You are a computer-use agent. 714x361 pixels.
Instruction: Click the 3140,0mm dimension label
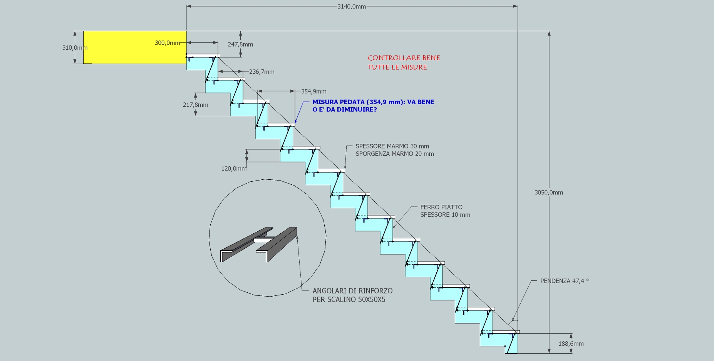click(x=352, y=7)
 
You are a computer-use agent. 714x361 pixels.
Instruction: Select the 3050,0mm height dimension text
click(x=549, y=192)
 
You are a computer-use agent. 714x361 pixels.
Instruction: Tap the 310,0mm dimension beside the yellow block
click(x=75, y=48)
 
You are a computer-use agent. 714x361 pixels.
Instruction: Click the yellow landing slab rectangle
click(x=135, y=47)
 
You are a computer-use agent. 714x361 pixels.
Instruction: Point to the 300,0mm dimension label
click(x=168, y=43)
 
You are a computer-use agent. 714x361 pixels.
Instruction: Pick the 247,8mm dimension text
click(x=240, y=44)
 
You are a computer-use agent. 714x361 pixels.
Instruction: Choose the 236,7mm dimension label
click(x=262, y=72)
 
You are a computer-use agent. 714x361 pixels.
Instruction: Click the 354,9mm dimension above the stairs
click(x=314, y=91)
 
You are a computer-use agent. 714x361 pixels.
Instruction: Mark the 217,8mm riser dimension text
click(x=196, y=105)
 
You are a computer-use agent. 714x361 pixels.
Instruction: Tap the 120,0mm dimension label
click(x=234, y=169)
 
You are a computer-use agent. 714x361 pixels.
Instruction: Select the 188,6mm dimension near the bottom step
click(x=571, y=344)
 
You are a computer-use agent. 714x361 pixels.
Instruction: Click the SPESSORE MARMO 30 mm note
click(x=392, y=146)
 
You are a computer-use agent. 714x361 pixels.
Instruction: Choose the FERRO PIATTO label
click(x=441, y=207)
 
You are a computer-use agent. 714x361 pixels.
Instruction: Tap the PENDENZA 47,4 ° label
click(x=565, y=281)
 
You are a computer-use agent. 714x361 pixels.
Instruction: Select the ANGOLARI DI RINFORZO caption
click(x=353, y=291)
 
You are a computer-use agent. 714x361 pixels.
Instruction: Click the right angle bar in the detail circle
click(x=277, y=245)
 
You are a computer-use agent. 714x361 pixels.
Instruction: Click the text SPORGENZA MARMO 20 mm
click(x=395, y=154)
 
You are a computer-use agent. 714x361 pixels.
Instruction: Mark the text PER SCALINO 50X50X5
click(x=349, y=300)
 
